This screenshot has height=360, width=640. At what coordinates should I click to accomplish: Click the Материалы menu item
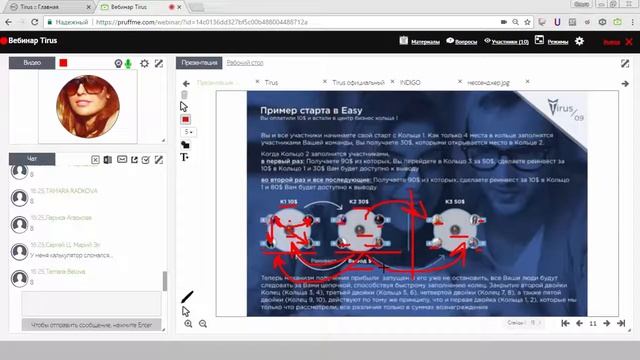421,41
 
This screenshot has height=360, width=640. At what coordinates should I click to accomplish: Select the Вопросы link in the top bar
462,41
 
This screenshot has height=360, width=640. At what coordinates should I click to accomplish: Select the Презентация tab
198,63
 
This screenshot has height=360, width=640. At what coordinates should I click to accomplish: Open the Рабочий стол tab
244,63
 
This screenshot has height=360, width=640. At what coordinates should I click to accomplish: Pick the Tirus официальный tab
356,83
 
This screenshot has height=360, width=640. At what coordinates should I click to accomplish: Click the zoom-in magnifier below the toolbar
188,324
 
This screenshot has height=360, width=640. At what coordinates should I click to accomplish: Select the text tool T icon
185,157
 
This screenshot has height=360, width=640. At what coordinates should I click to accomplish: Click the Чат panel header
33,159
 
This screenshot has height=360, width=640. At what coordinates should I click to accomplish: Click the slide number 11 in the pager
593,323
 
